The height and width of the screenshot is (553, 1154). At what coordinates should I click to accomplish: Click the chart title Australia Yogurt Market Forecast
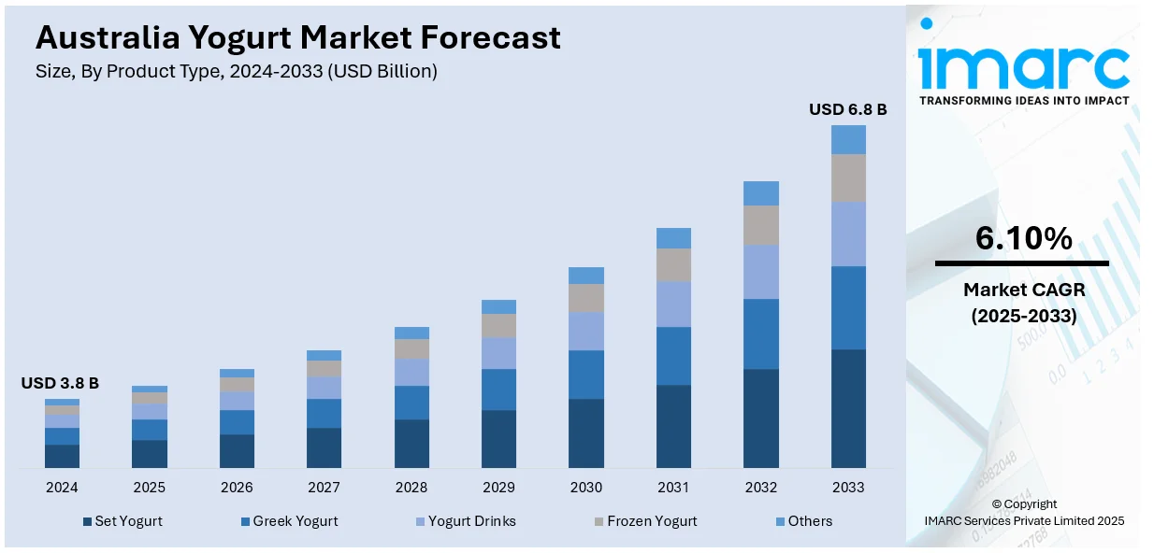(x=297, y=37)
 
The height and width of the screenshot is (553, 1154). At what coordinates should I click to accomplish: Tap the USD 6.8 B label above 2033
(x=847, y=110)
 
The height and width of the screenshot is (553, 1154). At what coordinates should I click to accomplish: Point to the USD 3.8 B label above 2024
(x=60, y=383)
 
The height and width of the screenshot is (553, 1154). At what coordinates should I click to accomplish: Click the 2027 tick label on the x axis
(x=324, y=488)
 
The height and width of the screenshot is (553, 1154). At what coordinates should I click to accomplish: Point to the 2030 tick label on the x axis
(x=586, y=488)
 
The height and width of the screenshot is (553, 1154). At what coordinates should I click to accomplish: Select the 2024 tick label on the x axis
(x=62, y=488)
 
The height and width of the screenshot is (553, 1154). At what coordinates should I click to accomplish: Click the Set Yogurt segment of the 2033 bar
(x=848, y=408)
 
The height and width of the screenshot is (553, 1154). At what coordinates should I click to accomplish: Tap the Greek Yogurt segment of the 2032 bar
(x=761, y=333)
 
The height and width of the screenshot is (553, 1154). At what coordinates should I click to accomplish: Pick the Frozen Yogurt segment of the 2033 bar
(x=848, y=177)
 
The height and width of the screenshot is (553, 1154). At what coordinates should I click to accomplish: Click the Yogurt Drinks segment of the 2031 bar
(x=673, y=304)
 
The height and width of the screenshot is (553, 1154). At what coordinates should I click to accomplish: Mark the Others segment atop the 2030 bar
(x=586, y=276)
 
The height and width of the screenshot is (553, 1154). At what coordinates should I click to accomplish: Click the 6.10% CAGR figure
(x=1023, y=239)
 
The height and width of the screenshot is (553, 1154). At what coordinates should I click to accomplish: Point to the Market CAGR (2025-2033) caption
(x=1023, y=304)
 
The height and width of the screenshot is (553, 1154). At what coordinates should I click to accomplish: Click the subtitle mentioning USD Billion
(x=236, y=71)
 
